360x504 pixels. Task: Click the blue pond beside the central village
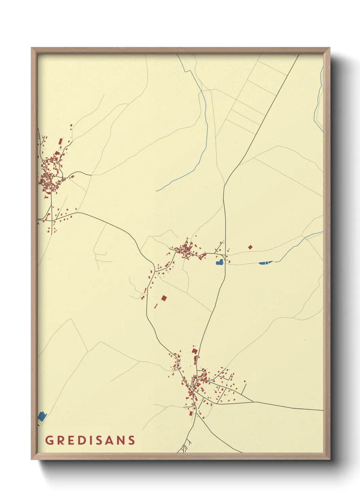220,262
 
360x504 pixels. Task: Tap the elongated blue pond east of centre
265,263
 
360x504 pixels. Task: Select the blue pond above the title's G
42,416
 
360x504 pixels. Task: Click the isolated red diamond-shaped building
250,247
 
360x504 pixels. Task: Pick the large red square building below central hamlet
164,298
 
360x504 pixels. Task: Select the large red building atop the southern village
194,351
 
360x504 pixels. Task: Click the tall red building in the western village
61,141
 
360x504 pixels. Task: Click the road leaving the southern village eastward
289,406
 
